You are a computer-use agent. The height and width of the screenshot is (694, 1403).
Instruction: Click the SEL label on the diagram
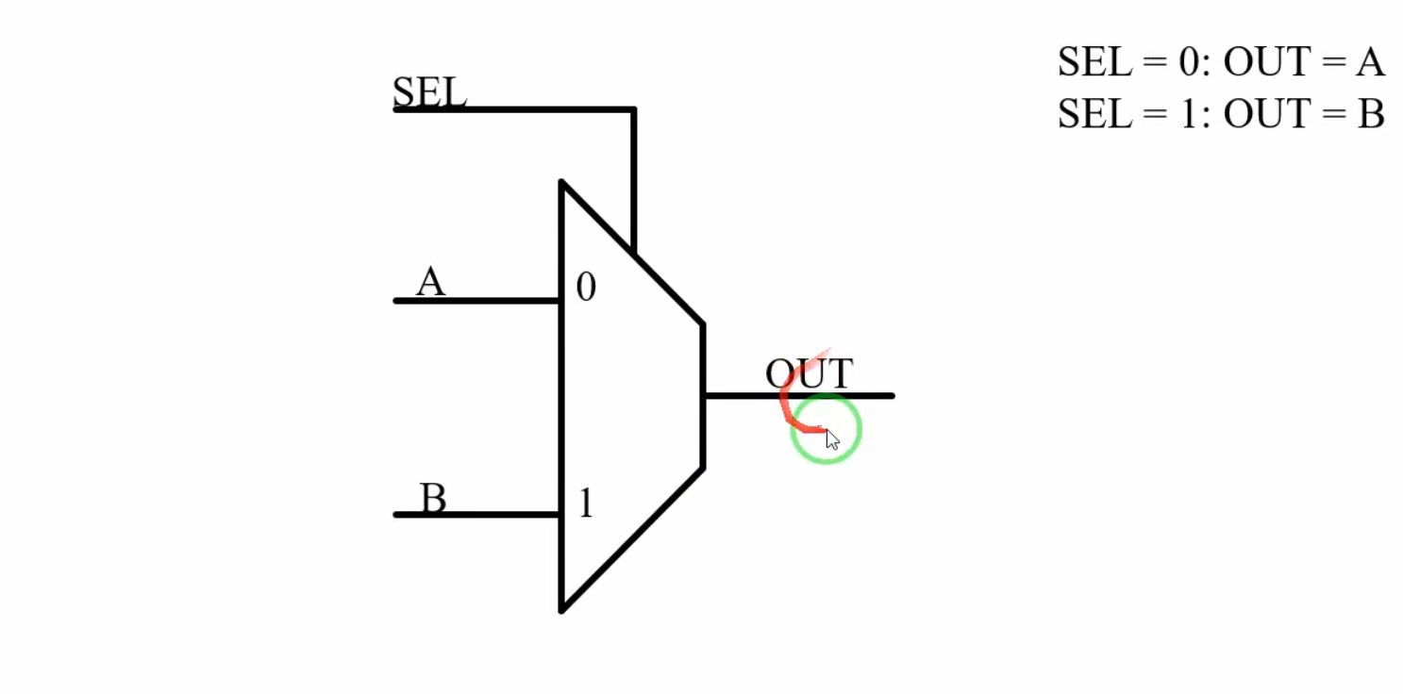(429, 91)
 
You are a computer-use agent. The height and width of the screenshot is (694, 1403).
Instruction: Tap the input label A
(430, 281)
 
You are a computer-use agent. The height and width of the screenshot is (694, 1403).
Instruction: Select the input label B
(432, 498)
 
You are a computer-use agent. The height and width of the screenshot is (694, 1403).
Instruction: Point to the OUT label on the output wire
(809, 374)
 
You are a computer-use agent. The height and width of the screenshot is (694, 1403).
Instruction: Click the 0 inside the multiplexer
(586, 288)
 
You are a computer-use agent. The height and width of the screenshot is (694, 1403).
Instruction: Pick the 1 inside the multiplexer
(586, 504)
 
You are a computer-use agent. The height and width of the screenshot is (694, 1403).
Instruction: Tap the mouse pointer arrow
(832, 439)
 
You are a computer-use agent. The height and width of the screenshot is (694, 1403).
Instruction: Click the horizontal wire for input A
(476, 301)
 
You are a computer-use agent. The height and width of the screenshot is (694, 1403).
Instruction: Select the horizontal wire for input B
(476, 515)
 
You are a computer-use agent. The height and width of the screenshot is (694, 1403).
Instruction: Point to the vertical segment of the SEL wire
(634, 179)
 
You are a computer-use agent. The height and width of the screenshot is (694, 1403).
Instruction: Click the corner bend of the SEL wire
(634, 110)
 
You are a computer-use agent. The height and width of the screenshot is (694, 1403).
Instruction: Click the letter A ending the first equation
(1370, 62)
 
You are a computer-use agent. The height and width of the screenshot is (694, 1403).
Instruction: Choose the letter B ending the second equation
(1371, 114)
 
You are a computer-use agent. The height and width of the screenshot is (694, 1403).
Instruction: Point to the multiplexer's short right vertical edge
(703, 396)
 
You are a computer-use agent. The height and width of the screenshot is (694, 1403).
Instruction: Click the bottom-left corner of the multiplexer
(562, 609)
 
